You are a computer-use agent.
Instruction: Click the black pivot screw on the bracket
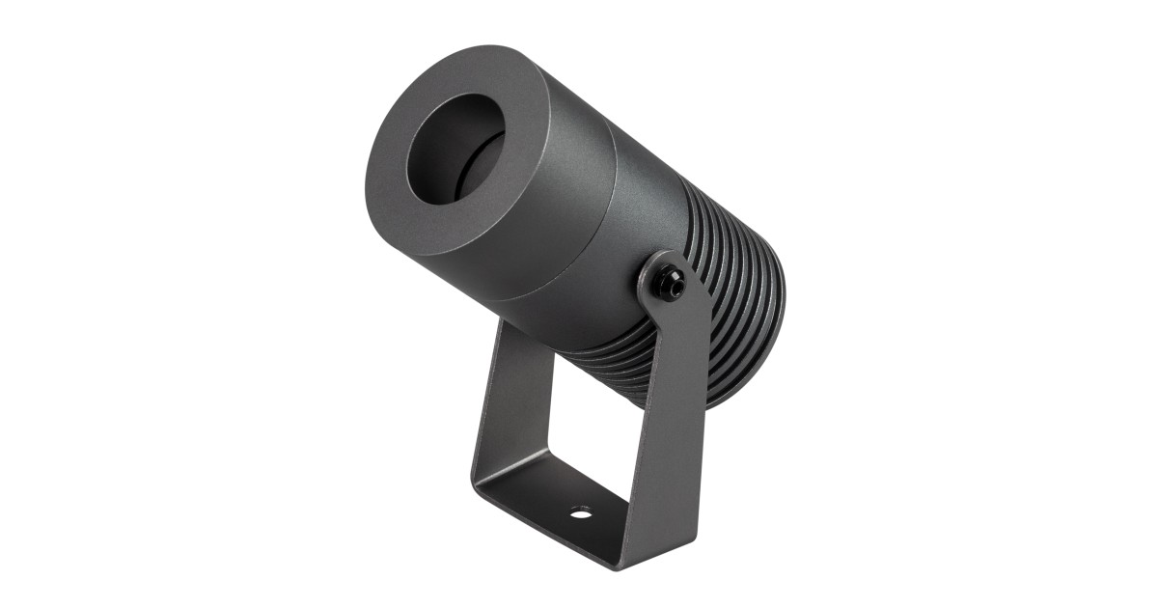point(669,283)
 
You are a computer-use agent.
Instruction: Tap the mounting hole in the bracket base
point(580,511)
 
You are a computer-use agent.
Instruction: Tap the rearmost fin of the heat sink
point(767,318)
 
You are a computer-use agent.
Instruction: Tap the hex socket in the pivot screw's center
point(671,284)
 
